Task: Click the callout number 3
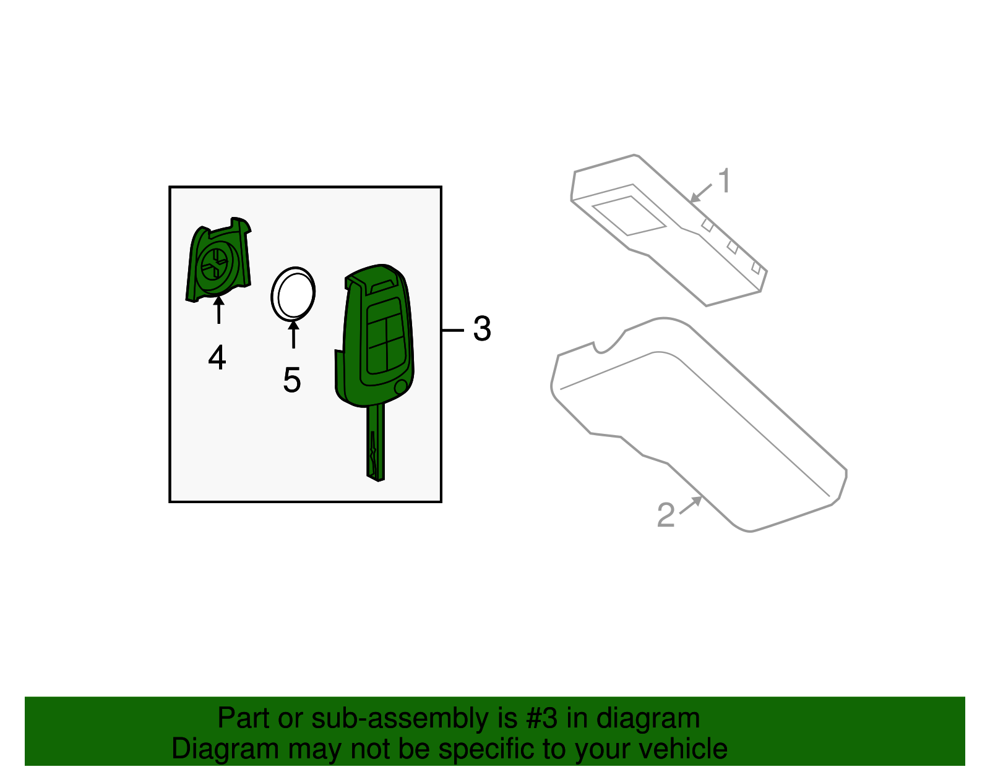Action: (x=482, y=329)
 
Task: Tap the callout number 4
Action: (x=217, y=357)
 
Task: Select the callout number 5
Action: (x=292, y=380)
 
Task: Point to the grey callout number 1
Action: (x=724, y=182)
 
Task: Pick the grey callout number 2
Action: (x=666, y=515)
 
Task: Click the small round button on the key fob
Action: (x=400, y=388)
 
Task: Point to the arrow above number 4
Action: (x=218, y=310)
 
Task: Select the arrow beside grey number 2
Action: (x=691, y=505)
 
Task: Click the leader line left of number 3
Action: (x=453, y=331)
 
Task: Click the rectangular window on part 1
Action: (x=629, y=216)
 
